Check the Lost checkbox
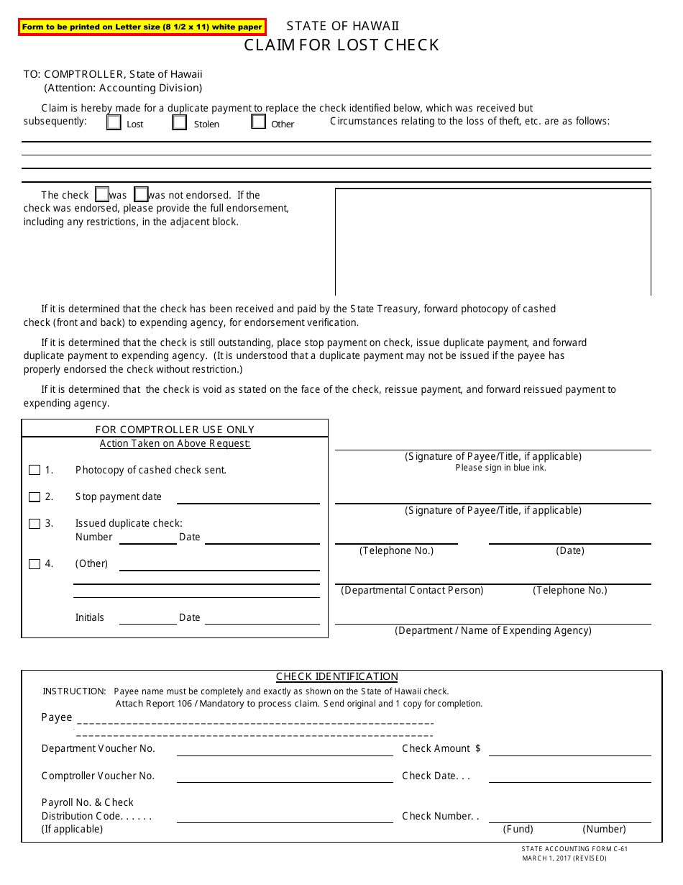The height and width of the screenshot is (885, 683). (x=114, y=122)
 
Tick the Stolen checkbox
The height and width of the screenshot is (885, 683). (x=180, y=122)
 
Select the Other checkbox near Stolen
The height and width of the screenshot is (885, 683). (x=259, y=122)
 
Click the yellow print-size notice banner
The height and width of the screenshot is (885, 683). (x=142, y=27)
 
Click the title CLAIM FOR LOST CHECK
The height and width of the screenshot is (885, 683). (x=341, y=45)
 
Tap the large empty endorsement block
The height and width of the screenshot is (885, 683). (x=493, y=242)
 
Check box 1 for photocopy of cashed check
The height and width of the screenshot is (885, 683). (x=35, y=470)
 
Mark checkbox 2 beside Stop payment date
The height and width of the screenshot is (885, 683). (x=35, y=497)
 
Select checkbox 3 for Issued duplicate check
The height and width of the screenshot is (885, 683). (x=35, y=524)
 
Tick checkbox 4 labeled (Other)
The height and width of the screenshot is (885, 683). (x=35, y=564)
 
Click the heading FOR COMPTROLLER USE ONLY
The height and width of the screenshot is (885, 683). (x=175, y=430)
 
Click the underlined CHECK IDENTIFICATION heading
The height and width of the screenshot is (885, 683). (x=337, y=676)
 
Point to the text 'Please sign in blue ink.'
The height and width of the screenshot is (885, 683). (x=500, y=468)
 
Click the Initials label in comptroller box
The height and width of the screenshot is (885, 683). (x=90, y=617)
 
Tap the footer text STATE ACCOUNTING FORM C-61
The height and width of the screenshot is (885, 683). (x=574, y=849)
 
